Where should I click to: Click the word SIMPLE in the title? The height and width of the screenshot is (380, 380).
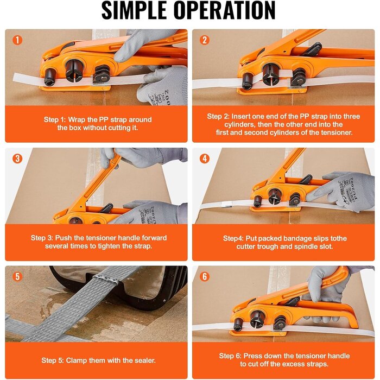pyautogui.click(x=134, y=10)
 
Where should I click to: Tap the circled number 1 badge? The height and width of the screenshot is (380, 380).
pyautogui.click(x=17, y=40)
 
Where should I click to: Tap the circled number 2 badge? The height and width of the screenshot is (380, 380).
pyautogui.click(x=205, y=40)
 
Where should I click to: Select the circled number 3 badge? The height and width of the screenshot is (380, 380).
pyautogui.click(x=17, y=159)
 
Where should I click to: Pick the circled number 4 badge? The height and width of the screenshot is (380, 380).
pyautogui.click(x=205, y=159)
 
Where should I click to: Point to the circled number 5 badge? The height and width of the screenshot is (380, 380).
pyautogui.click(x=17, y=276)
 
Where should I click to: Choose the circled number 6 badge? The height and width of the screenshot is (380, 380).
pyautogui.click(x=205, y=276)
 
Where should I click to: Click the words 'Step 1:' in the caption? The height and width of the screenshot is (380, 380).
pyautogui.click(x=55, y=120)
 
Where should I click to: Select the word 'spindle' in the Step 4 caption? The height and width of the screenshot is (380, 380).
pyautogui.click(x=306, y=246)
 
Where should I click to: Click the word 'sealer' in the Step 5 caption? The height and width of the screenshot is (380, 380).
pyautogui.click(x=144, y=360)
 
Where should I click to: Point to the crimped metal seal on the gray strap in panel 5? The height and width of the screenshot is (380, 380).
pyautogui.click(x=106, y=280)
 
